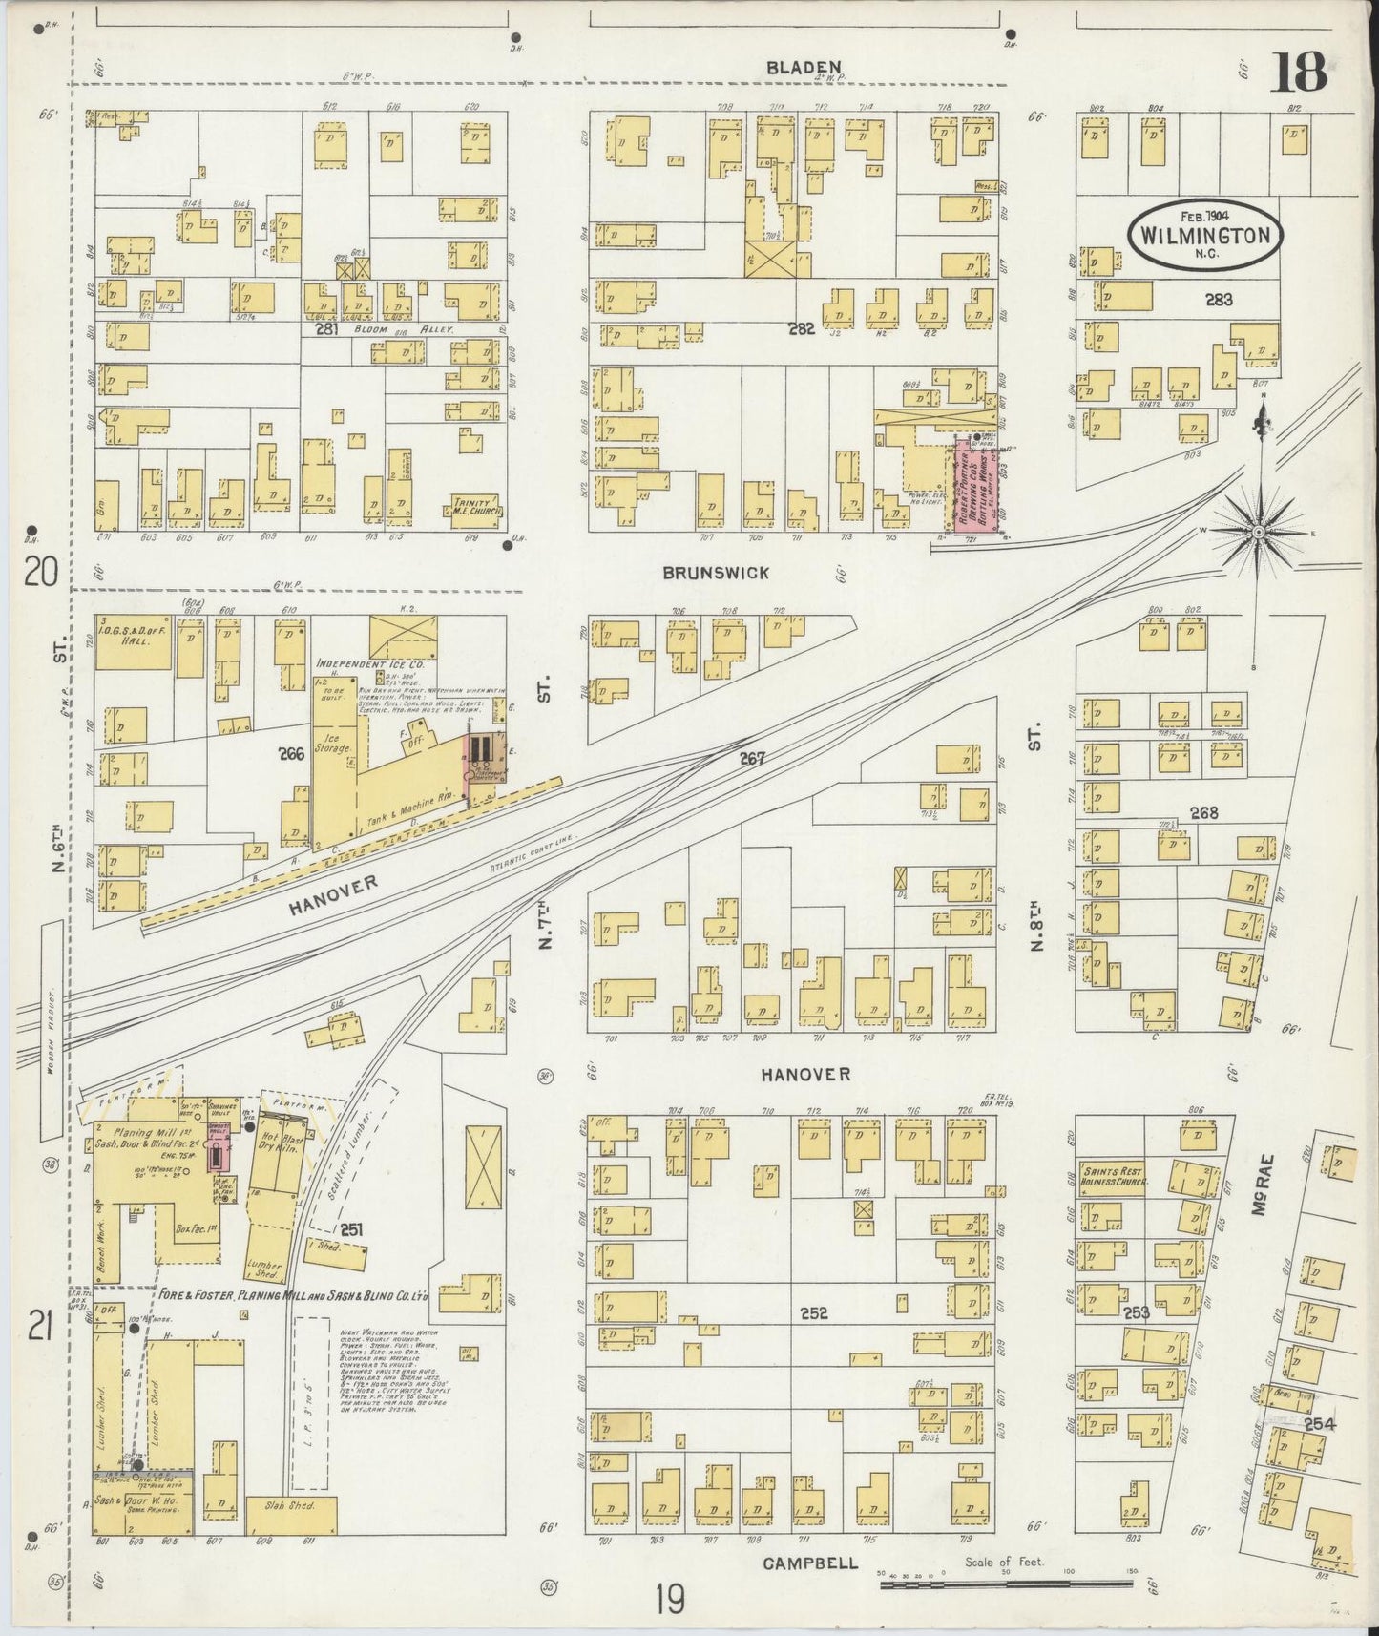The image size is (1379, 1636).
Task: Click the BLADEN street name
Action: point(806,68)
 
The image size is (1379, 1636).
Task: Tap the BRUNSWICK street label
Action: point(716,573)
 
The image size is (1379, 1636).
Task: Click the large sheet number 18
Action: point(1299,73)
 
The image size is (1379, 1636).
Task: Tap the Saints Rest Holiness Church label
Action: point(1114,1175)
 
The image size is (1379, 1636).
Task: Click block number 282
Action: point(800,329)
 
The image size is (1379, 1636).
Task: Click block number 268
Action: point(1203,813)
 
